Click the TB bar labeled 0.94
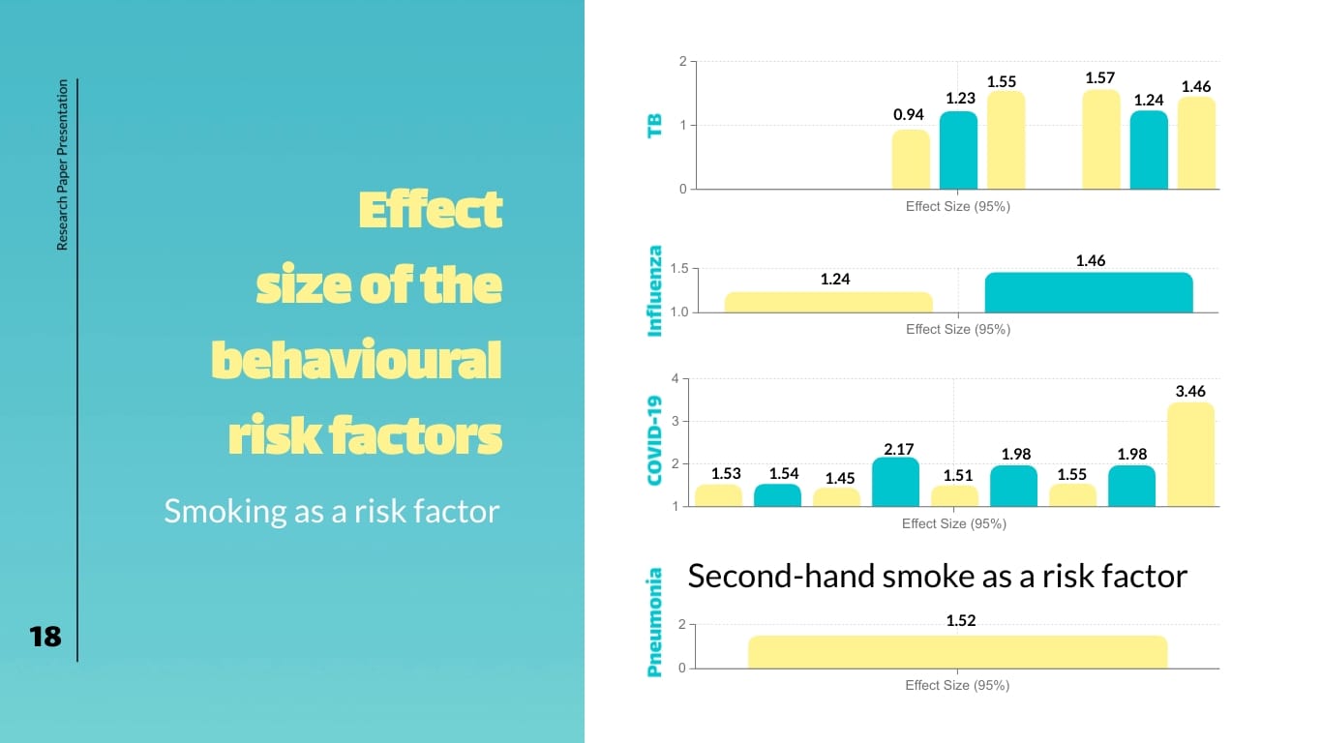[x=911, y=160]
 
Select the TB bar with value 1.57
[x=1100, y=140]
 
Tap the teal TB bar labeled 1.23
[x=958, y=151]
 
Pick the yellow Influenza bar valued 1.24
[x=828, y=302]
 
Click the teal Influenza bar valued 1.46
[x=1089, y=292]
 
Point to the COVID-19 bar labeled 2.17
[x=895, y=482]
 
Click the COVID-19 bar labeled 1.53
[x=719, y=494]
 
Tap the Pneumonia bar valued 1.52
[x=957, y=652]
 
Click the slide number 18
[x=45, y=636]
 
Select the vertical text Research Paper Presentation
[x=63, y=165]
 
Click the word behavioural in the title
[x=356, y=361]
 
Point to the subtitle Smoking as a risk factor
[x=331, y=510]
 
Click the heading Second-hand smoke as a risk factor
[x=937, y=577]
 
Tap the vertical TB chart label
[x=655, y=125]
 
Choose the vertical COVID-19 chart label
[x=655, y=440]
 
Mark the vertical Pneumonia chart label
[x=655, y=622]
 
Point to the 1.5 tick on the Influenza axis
[x=678, y=269]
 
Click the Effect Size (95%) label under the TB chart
[x=957, y=206]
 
